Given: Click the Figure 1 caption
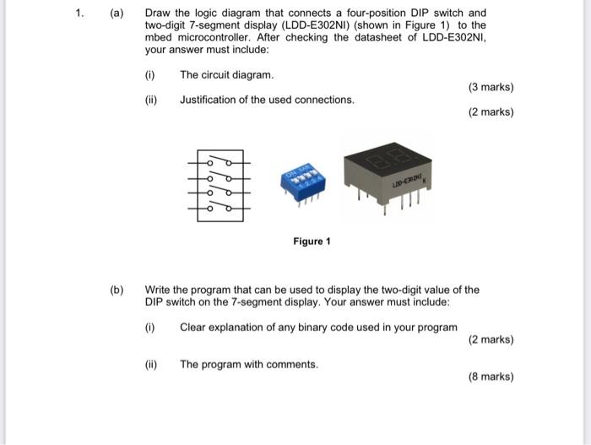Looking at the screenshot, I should (312, 241).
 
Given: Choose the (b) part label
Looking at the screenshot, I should (117, 290).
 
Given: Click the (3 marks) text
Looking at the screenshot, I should (490, 87).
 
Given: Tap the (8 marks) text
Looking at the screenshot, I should (490, 377).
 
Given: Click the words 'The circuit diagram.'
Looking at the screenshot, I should (227, 75).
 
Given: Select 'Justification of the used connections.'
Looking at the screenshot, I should (267, 100).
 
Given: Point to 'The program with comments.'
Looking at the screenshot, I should (249, 365).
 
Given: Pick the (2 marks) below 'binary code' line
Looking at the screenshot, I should (490, 339).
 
